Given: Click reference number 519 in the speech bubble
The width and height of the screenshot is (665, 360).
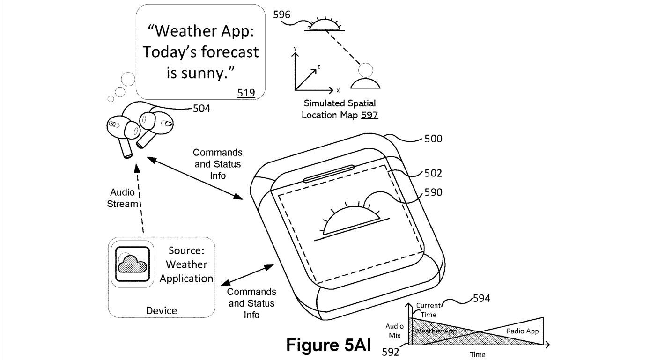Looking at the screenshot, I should point(246,93).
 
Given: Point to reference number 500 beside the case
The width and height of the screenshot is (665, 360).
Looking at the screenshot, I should point(433,139).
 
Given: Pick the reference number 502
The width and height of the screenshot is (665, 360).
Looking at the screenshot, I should point(433,174).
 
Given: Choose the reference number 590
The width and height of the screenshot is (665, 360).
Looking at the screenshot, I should point(433,192).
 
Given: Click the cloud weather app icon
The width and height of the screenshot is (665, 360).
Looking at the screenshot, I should point(132,264).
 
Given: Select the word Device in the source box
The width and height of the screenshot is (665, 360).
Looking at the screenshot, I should point(162,310).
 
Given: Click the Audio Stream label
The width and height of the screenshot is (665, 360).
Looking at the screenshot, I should point(123,198).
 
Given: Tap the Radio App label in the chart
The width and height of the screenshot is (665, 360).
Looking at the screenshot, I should point(523,331).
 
